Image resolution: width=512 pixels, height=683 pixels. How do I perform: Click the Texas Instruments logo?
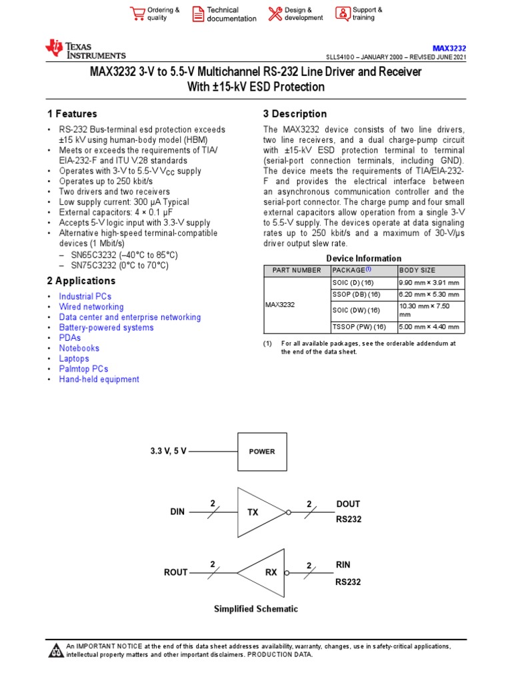coord(85,49)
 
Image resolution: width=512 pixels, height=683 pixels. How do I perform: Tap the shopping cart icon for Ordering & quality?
coord(138,14)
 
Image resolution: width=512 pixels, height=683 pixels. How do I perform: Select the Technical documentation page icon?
coord(198,14)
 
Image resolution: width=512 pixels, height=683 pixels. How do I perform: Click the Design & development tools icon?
coord(275,14)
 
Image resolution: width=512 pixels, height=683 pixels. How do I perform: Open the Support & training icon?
coord(342,13)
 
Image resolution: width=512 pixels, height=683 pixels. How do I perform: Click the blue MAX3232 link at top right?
coord(449,48)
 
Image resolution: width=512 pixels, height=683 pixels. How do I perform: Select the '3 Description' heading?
coord(295,114)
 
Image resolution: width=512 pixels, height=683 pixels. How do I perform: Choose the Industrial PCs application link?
coord(85,296)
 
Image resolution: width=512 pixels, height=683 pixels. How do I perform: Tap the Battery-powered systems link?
coord(106,327)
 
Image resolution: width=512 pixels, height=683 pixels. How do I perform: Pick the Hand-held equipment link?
coord(99,380)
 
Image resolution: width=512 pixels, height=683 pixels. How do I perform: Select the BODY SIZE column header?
coord(417,270)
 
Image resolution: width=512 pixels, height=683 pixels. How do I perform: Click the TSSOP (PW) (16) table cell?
coord(359,327)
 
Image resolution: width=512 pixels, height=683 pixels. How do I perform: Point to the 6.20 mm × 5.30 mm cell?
coord(429,294)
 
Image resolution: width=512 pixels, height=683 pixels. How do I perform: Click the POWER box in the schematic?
coord(262,452)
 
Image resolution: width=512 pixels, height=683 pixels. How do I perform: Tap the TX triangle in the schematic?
coord(257,512)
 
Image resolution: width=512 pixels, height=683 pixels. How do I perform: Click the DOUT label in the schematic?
coord(348,504)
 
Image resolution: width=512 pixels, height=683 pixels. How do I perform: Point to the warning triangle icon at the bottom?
coord(56,650)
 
